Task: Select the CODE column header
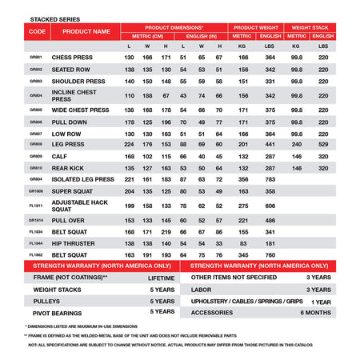tap(37, 31)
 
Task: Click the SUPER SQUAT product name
tap(74, 192)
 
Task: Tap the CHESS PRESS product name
tap(74, 58)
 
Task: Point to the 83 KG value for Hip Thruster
tap(242, 242)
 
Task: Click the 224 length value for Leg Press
tap(130, 144)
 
